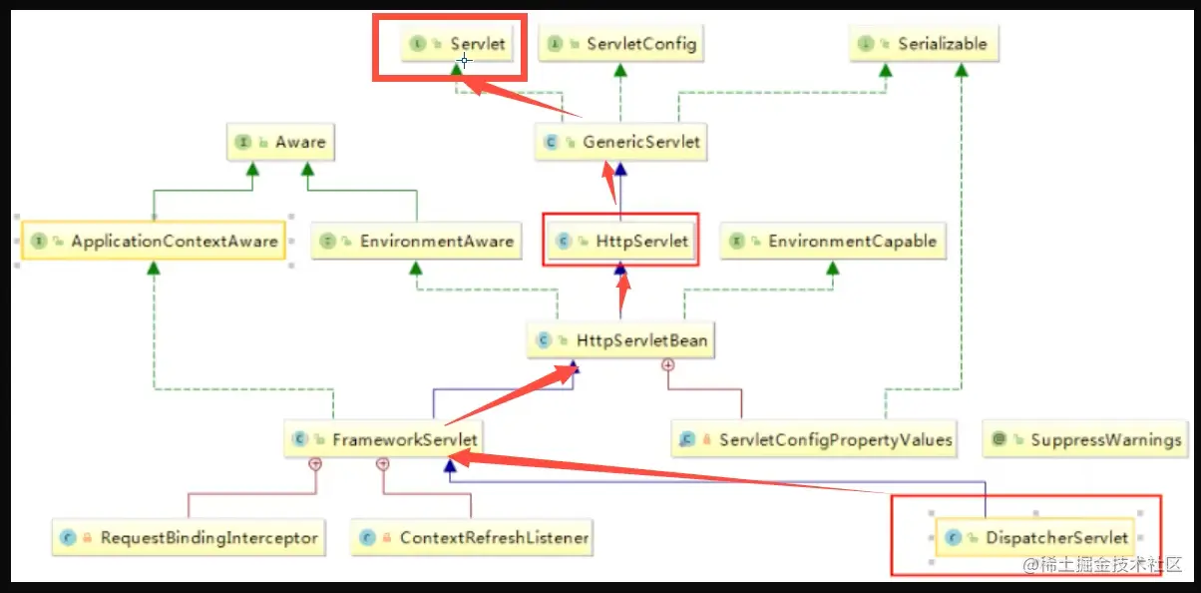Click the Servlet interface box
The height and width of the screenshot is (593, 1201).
[457, 44]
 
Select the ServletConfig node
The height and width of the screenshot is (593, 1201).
[620, 44]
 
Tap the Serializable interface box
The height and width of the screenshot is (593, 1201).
[925, 44]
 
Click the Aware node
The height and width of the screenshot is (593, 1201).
[280, 142]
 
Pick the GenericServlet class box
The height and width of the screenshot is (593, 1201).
[620, 142]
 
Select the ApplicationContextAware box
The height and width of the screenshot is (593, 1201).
[154, 241]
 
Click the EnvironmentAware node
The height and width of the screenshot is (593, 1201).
[417, 241]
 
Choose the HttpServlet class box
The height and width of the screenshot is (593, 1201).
[620, 241]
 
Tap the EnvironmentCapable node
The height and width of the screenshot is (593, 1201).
[833, 241]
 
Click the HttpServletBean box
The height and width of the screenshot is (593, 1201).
[620, 340]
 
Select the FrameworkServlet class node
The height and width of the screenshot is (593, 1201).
[383, 439]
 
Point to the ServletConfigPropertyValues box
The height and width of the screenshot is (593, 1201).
[814, 439]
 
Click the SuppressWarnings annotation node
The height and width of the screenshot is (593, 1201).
[1085, 439]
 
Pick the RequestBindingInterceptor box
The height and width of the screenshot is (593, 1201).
[189, 537]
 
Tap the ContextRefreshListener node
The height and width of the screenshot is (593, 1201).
[472, 537]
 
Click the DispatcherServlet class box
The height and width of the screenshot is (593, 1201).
[1034, 537]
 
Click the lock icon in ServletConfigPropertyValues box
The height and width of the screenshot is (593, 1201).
[706, 439]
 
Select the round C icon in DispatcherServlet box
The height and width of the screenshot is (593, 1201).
[953, 537]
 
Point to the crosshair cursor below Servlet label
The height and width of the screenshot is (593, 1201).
[464, 60]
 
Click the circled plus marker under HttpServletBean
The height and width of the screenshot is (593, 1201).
[668, 365]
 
